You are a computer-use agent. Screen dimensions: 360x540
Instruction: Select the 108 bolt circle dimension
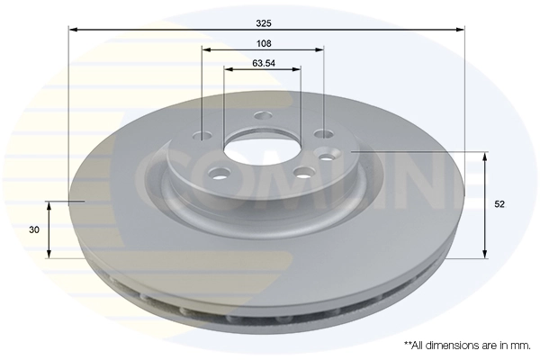coord(263,42)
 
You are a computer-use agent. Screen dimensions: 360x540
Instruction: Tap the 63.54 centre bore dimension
coord(263,63)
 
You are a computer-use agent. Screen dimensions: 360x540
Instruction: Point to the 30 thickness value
coord(34,230)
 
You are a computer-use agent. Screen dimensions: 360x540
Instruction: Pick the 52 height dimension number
coord(499,205)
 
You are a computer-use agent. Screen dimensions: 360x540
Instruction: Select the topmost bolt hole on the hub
coord(263,115)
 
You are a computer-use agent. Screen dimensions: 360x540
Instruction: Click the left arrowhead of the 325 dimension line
coord(73,30)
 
